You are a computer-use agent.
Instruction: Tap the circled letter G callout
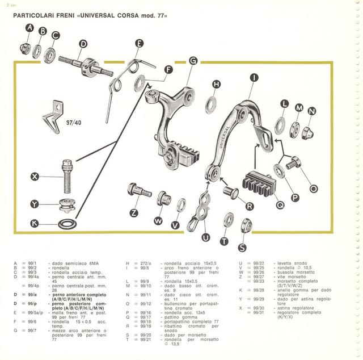[x=193, y=61]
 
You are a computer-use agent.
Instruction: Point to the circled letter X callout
[x=35, y=177]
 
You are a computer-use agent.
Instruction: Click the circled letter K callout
[x=35, y=223]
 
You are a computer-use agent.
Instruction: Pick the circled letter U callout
[x=206, y=238]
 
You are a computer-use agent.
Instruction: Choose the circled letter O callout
[x=314, y=189]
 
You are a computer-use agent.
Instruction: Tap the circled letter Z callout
[x=134, y=213]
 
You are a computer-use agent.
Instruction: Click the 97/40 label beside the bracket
[x=74, y=122]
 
